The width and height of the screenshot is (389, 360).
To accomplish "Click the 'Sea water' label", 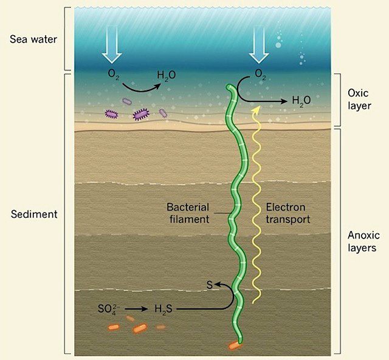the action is point(33,39).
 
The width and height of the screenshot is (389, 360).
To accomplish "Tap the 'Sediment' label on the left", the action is point(34,214).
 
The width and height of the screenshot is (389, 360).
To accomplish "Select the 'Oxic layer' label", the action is point(359,100).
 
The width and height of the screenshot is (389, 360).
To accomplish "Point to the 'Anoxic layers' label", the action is point(363,242).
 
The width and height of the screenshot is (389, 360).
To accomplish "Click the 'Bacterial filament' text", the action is point(188,213).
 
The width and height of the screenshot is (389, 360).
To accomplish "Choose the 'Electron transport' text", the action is point(287,213).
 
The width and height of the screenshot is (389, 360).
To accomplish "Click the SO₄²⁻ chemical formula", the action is point(109,309).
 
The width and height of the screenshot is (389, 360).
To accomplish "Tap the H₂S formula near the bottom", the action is point(164,309).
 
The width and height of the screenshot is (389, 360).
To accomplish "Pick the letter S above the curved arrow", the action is point(210,285).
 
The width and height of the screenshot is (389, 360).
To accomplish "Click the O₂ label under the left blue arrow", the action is point(114,74).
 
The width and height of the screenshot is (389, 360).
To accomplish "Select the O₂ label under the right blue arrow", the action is point(260,74).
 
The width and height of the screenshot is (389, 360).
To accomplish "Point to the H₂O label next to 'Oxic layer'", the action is point(301,100).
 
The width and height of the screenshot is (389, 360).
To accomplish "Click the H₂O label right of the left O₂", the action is point(166,75).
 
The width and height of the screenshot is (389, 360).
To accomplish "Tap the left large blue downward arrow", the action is point(112,44).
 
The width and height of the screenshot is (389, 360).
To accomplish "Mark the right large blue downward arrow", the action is point(259,44).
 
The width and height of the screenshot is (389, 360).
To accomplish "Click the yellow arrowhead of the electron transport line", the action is point(257,110).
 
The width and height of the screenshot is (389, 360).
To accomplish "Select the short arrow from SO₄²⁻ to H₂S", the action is point(136,309).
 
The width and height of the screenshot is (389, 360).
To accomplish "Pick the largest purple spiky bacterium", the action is point(141,114).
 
